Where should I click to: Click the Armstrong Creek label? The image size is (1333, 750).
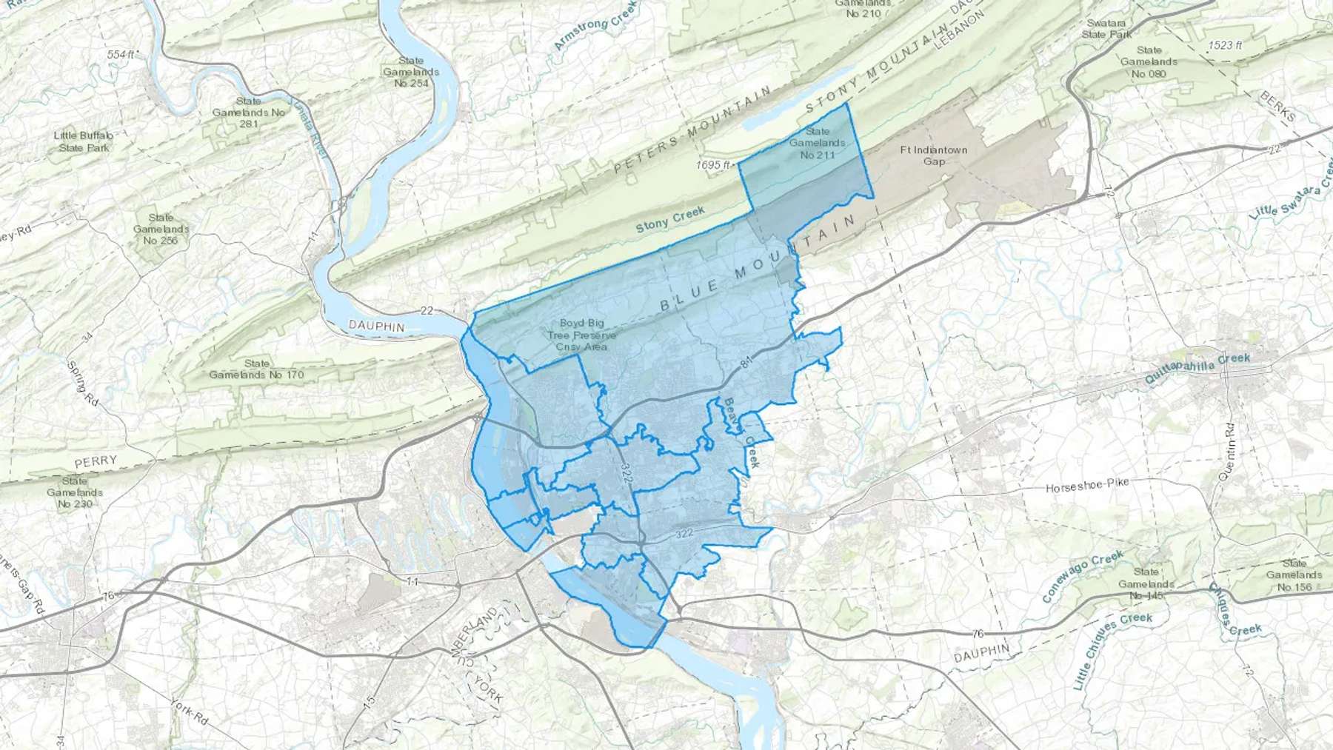pyautogui.click(x=595, y=30)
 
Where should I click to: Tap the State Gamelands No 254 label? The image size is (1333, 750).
pyautogui.click(x=411, y=72)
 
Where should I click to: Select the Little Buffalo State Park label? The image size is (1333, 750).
pyautogui.click(x=84, y=141)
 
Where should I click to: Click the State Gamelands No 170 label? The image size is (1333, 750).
pyautogui.click(x=256, y=369)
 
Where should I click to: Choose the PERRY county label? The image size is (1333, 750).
pyautogui.click(x=96, y=461)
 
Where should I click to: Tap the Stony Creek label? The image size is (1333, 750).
pyautogui.click(x=671, y=219)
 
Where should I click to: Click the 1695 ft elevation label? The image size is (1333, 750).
pyautogui.click(x=713, y=165)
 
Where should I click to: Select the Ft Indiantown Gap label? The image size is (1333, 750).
pyautogui.click(x=934, y=155)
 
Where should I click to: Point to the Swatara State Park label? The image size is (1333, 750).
pyautogui.click(x=1107, y=29)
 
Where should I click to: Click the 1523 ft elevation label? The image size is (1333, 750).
pyautogui.click(x=1225, y=45)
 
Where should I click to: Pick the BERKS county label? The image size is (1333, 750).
pyautogui.click(x=1278, y=107)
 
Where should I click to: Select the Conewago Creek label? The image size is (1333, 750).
pyautogui.click(x=1083, y=575)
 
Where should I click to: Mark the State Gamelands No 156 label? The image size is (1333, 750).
pyautogui.click(x=1294, y=575)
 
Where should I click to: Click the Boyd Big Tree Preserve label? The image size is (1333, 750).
pyautogui.click(x=582, y=335)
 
